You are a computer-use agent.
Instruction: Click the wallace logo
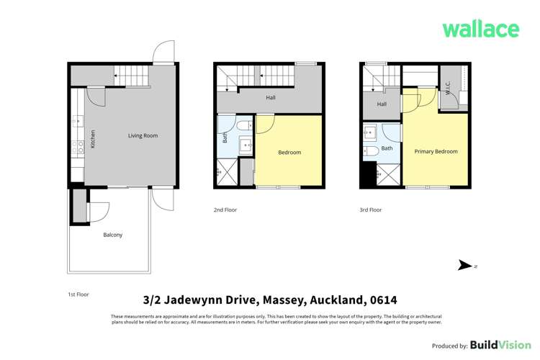coord(480,29)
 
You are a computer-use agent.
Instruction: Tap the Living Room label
coord(143,135)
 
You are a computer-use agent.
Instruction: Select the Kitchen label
coord(93,139)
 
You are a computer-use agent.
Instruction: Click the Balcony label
coord(112,235)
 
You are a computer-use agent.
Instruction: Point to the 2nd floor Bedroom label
coord(289,152)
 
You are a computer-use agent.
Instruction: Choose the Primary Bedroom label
coord(436,151)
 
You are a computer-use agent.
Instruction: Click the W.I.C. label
coord(448,89)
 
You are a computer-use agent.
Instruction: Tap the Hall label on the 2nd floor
coord(270,97)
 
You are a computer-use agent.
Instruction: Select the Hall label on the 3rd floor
coord(382,104)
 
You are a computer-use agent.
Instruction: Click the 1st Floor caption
coord(78,294)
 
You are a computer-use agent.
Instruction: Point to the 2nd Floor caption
coord(225,210)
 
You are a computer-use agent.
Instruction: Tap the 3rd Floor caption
coord(370,210)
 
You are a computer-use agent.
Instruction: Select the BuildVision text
coord(495,346)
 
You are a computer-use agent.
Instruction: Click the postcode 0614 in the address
coord(382,300)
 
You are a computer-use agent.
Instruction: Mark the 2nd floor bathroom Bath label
coord(225,137)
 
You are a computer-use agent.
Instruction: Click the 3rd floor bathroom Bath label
coord(387,148)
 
